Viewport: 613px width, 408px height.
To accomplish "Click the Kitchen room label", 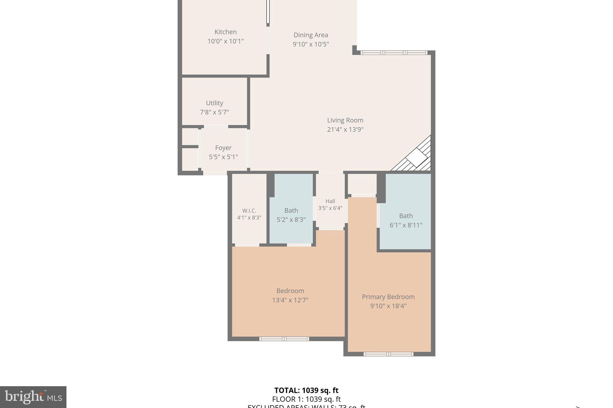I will [225, 32].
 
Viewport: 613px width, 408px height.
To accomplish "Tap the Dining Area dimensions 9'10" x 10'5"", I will [311, 45].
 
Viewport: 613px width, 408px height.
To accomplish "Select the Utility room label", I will [214, 103].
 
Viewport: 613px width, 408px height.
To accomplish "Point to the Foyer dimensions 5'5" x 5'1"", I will [223, 157].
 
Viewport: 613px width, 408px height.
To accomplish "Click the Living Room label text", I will [345, 120].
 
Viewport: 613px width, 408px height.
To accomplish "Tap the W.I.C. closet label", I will [249, 211].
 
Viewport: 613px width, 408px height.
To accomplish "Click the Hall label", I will [330, 201].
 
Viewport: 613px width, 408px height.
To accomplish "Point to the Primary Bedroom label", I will [388, 297].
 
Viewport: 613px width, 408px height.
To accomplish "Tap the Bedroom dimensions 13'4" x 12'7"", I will [290, 300].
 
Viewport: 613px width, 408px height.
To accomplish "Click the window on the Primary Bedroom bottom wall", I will [388, 354].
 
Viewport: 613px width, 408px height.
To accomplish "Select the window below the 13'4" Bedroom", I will [284, 339].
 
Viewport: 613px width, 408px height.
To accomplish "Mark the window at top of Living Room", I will [394, 53].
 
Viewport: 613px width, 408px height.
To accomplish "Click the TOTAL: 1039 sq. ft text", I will [306, 390].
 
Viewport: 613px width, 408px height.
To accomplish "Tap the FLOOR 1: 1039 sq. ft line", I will [306, 399].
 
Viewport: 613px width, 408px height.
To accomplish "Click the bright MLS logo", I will [33, 397].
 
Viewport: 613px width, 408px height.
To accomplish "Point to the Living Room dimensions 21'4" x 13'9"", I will [345, 130].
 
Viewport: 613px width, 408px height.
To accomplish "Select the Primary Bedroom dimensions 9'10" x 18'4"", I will [388, 306].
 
